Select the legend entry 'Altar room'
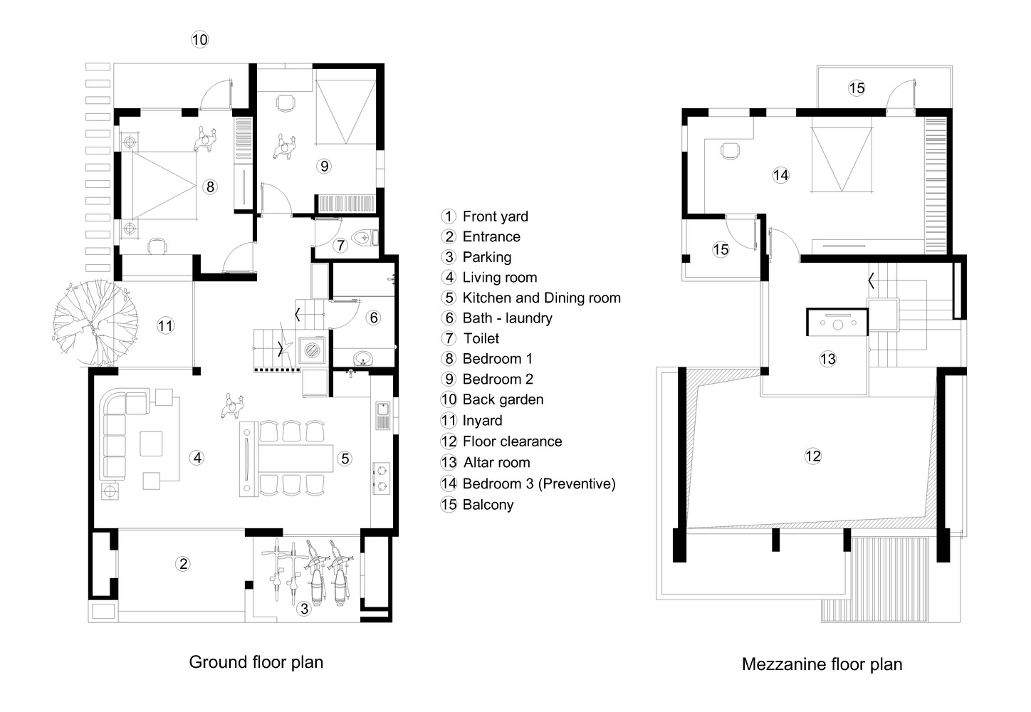pos(496,462)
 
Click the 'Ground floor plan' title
pos(256,662)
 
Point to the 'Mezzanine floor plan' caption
pos(822,664)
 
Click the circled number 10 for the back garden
pos(200,40)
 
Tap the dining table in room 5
pos(295,458)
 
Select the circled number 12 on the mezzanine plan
pos(813,456)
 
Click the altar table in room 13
pos(837,322)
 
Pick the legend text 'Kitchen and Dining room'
pos(541,298)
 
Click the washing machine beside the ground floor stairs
pos(313,350)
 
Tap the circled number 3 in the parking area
pos(304,609)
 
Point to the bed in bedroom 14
pos(842,159)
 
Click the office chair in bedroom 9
pos(286,103)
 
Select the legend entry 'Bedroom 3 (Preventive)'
pos(539,483)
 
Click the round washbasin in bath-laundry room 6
pos(364,358)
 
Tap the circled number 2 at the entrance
pos(183,564)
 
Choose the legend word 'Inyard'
pos(482,421)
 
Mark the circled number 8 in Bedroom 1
pos(210,187)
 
